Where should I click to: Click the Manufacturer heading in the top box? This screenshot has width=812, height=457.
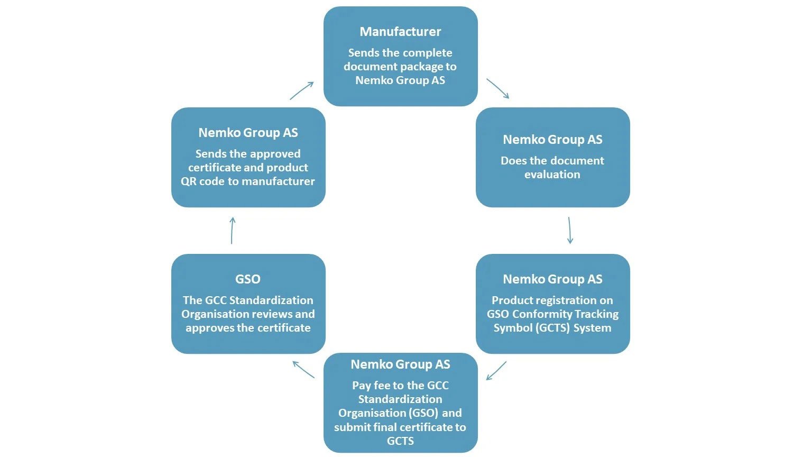tap(400, 32)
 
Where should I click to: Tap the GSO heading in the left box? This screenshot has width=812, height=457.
tap(247, 279)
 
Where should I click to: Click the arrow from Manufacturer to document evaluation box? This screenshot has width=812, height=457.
tap(498, 89)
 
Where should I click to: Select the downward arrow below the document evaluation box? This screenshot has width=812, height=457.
tap(570, 230)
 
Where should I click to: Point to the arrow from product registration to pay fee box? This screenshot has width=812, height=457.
tap(496, 370)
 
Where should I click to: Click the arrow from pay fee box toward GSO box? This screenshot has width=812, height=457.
tap(303, 369)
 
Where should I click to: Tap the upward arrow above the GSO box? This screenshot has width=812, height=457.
tap(232, 230)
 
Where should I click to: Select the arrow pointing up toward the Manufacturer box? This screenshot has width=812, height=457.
tap(302, 90)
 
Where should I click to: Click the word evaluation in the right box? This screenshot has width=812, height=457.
tap(552, 175)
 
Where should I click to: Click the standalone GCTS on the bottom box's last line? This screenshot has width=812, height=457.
tap(400, 441)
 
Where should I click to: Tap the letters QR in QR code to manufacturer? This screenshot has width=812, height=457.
tap(189, 181)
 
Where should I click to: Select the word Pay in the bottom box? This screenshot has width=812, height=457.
tap(362, 386)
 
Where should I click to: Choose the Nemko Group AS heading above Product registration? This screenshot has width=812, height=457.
tap(552, 279)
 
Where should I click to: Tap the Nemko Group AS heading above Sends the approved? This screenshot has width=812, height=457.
tap(248, 133)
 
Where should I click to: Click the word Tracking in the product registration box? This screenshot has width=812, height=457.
tap(597, 314)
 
